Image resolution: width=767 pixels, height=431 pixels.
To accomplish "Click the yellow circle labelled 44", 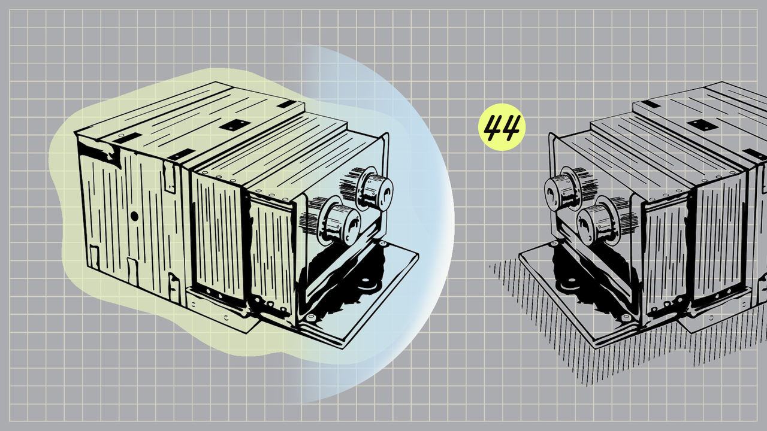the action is coord(502,127).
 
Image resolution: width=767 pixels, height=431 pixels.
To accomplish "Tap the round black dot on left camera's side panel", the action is coord(134,216).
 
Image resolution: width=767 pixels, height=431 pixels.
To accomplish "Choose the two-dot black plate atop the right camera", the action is coord(703,125).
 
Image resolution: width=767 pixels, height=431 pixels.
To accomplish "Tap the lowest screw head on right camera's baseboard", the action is coord(626,318).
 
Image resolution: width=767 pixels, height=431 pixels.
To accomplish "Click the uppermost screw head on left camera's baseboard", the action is coord(382,244).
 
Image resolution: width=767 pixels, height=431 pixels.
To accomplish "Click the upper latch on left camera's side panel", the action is coord(170,176).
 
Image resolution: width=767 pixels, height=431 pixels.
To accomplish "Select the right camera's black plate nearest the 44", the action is coord(651,104).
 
